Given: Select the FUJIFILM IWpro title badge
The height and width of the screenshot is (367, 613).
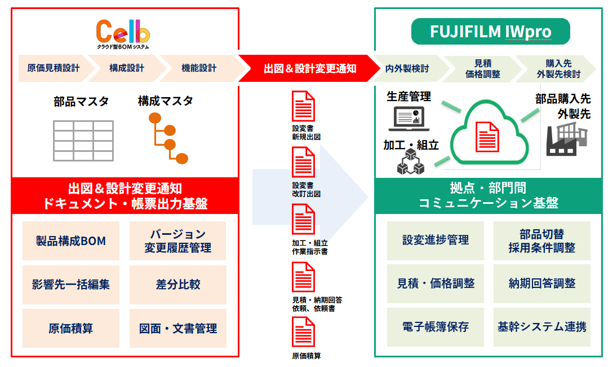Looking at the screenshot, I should (490, 32).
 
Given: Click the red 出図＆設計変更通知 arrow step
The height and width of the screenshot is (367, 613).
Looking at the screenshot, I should (310, 68).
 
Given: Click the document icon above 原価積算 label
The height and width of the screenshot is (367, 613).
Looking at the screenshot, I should (303, 332).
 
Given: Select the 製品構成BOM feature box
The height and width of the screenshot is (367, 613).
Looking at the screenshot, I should (71, 241).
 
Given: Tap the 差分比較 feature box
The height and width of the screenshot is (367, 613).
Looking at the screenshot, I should (178, 285).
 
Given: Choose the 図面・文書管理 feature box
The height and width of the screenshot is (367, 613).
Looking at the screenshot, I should (178, 328).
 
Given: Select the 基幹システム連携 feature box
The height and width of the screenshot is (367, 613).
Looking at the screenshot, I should (542, 327).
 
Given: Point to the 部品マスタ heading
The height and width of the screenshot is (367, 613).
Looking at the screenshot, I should (81, 102).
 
